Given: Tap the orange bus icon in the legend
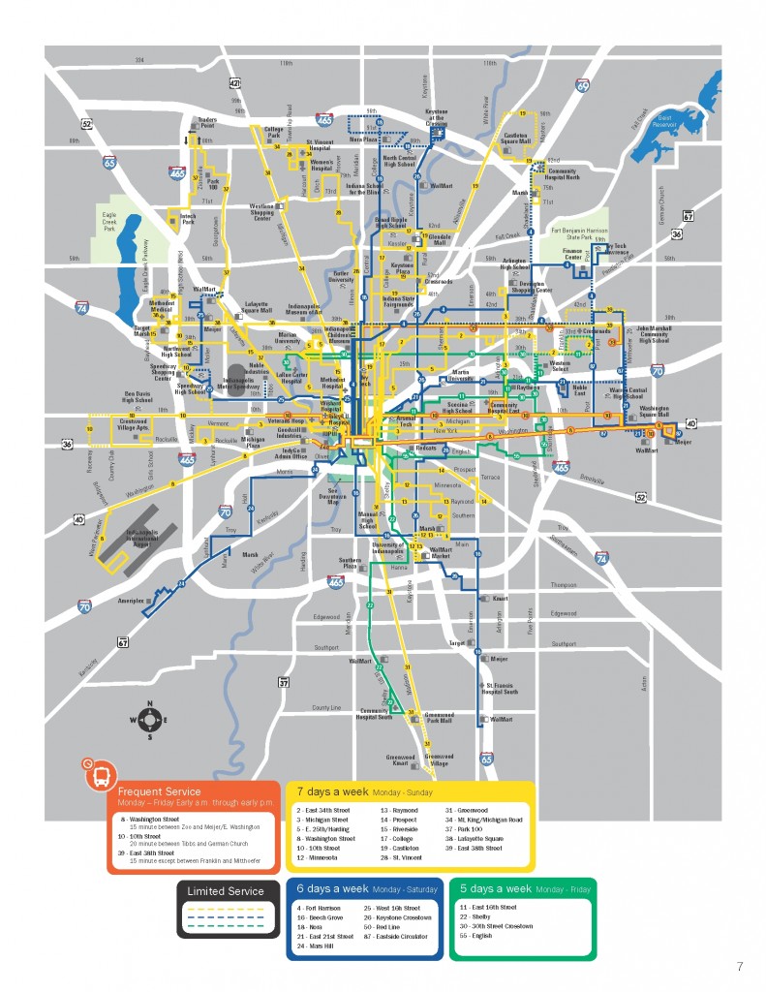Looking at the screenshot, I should pyautogui.click(x=100, y=773).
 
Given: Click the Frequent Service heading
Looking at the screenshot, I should pyautogui.click(x=157, y=791).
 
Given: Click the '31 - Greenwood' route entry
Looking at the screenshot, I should pyautogui.click(x=467, y=810).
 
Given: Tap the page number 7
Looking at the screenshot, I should pyautogui.click(x=739, y=966).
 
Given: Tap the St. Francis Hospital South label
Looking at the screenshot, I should pyautogui.click(x=502, y=688).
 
